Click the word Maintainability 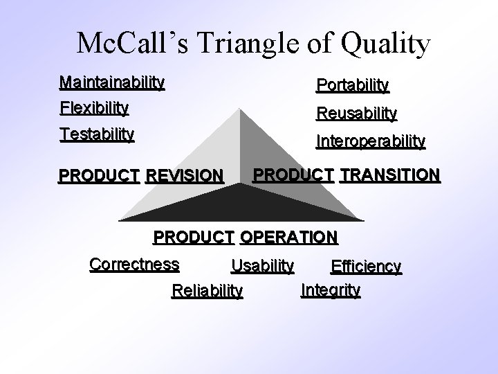112,83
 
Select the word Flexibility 94,108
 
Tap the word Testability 97,133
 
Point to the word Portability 353,85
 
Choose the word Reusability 356,113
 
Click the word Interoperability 371,141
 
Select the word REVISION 185,176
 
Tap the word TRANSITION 389,175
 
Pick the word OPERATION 288,237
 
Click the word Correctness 134,265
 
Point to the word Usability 262,265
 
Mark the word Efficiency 366,267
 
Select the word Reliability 207,290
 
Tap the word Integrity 331,290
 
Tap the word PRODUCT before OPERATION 193,237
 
